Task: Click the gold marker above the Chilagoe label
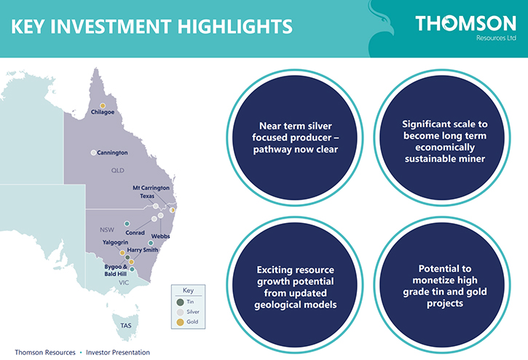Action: [103, 106]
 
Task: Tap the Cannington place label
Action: [112, 153]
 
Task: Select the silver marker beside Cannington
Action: [93, 153]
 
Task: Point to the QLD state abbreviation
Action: [118, 171]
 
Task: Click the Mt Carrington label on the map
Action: [151, 188]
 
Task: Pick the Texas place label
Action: [147, 196]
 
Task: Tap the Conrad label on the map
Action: [135, 232]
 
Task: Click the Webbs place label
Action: [160, 236]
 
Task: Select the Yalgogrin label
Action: [115, 243]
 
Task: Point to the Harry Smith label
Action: [143, 250]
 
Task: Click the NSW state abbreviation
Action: [107, 230]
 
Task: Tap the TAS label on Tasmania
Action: [126, 325]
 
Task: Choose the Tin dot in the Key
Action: [180, 302]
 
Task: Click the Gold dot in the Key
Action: [180, 322]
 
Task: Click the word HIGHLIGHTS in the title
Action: [235, 27]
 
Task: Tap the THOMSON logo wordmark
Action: [465, 23]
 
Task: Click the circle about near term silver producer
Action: [295, 138]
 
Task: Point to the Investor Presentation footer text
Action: [118, 352]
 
